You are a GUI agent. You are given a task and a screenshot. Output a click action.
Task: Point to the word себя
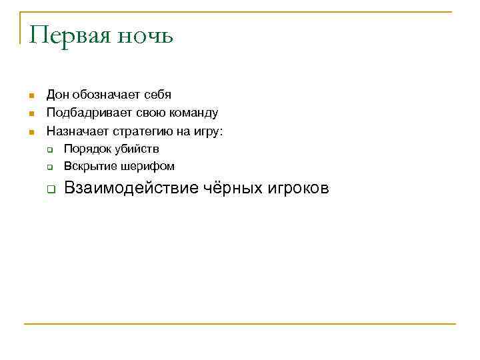157,95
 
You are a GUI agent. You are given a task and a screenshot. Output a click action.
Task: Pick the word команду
193,113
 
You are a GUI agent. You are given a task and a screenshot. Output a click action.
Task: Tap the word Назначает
73,131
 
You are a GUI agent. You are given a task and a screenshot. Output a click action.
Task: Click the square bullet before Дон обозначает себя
31,96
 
